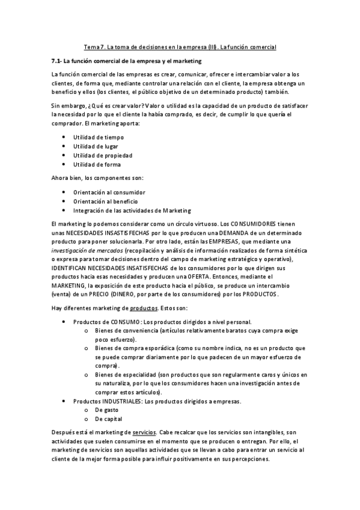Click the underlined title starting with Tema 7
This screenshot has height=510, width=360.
[x=180, y=46]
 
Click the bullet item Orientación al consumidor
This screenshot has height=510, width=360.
[x=109, y=192]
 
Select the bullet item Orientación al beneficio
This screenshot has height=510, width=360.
[x=105, y=201]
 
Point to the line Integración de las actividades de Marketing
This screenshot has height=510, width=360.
[x=132, y=210]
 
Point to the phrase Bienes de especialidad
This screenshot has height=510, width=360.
[x=126, y=374]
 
